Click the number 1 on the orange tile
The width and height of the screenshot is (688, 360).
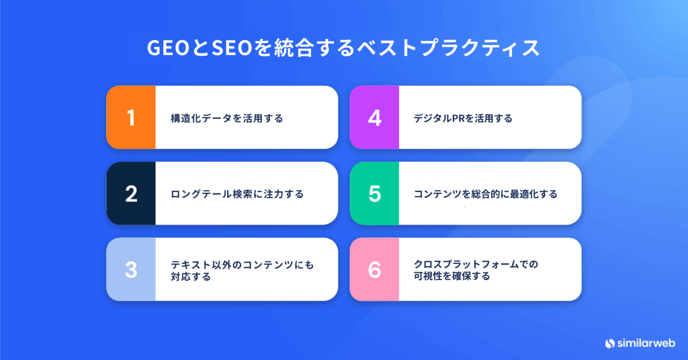131,118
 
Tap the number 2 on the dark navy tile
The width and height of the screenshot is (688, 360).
131,194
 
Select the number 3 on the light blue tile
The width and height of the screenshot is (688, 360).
131,270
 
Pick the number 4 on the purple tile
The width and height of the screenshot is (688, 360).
374,118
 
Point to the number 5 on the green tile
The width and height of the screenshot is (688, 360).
374,194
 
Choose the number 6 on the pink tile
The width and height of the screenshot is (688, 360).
374,270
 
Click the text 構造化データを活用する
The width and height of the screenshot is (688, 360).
227,118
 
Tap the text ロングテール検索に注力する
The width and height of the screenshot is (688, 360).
237,194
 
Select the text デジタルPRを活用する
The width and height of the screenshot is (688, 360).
463,118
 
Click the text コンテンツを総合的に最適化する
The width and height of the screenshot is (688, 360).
485,194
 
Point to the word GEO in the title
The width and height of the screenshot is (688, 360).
168,48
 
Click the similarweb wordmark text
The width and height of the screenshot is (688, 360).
646,343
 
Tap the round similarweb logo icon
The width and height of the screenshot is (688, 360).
610,343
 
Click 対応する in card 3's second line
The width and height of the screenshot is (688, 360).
191,277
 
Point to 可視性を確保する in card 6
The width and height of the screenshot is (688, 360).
452,276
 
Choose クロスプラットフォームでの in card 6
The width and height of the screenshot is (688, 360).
476,265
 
